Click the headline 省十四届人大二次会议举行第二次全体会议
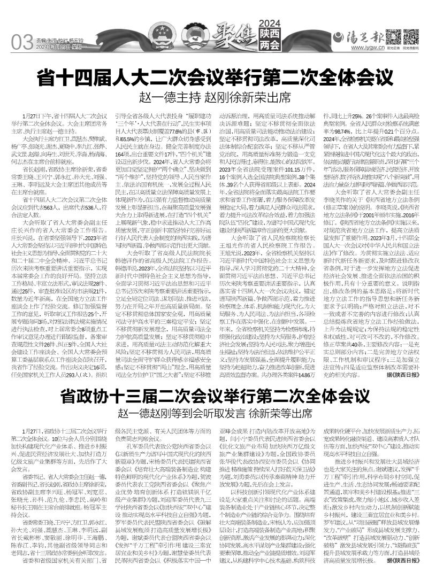tap(214, 79)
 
